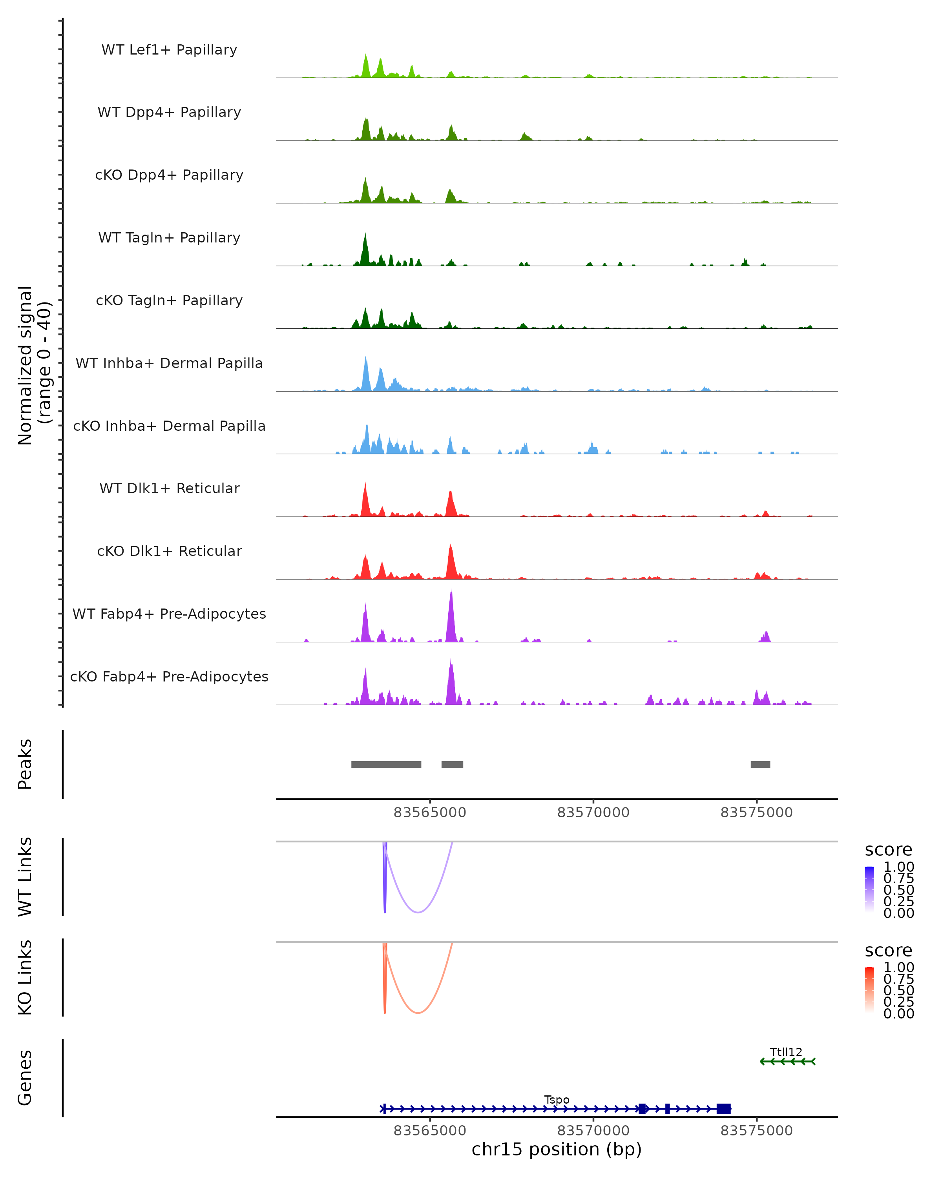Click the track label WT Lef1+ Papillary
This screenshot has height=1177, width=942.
pos(169,50)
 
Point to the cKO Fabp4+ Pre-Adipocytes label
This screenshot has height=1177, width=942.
pos(169,676)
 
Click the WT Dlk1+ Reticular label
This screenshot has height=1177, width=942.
pos(169,488)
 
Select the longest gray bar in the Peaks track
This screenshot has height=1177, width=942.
pos(386,764)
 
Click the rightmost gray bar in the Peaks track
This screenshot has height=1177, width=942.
pos(760,764)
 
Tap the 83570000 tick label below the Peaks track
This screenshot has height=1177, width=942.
pos(593,813)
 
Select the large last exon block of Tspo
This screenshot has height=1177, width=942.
pos(723,1108)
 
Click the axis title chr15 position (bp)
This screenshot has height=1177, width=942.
pos(557,1149)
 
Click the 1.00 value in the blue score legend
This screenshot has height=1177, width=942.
pos(898,867)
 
